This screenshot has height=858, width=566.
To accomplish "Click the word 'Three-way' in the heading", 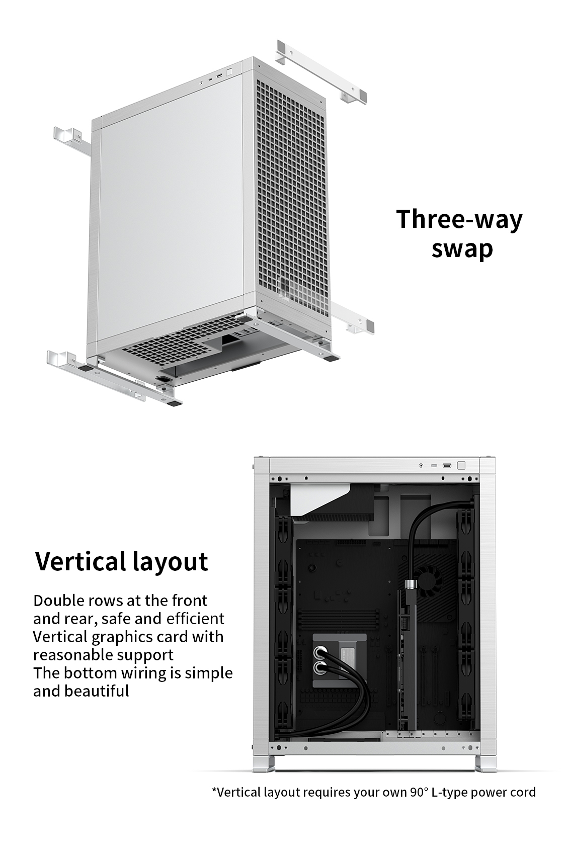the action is tap(459, 219).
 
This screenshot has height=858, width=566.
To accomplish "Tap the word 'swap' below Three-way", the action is tap(462, 250).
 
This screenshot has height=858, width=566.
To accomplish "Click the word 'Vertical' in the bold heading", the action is tap(81, 561).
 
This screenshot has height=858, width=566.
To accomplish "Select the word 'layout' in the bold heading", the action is tap(171, 563).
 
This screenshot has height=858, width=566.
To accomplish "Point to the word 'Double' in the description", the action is tap(59, 600).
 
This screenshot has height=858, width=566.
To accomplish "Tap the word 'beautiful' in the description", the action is tap(97, 692).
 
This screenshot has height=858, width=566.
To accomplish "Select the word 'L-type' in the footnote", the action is tap(449, 793).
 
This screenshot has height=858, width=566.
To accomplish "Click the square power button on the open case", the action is tap(461, 465).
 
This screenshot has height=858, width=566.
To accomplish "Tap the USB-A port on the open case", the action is tap(447, 466).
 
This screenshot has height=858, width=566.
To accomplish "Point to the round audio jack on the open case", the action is tap(421, 465).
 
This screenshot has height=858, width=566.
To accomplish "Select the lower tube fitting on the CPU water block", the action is tap(319, 668).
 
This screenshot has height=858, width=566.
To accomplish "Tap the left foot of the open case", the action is tap(264, 763).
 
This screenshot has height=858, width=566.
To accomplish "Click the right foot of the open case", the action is tap(486, 763).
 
